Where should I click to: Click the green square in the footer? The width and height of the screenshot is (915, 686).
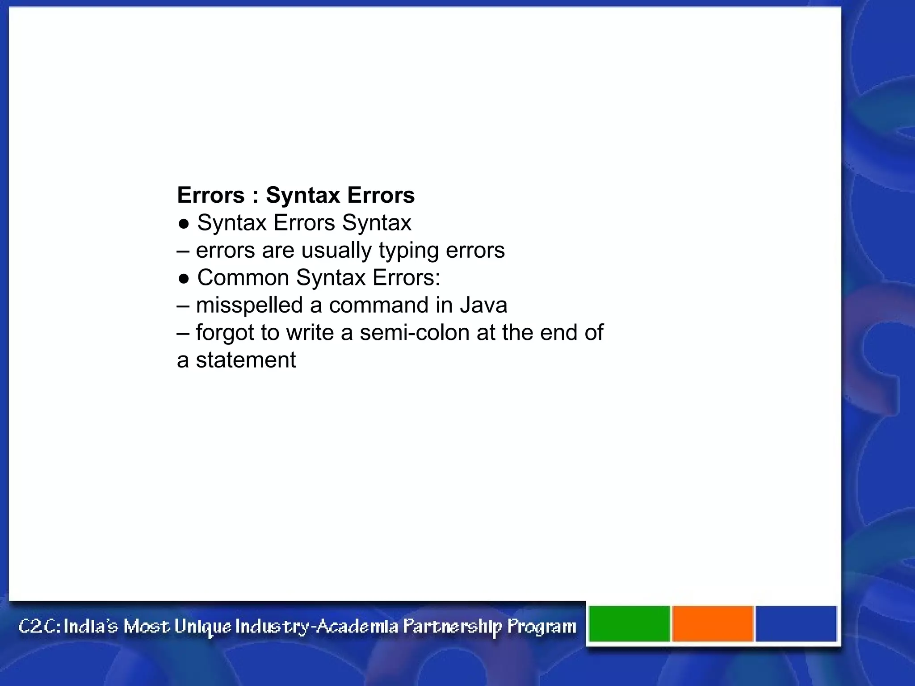pyautogui.click(x=629, y=623)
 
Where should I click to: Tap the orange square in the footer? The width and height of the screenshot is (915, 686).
pyautogui.click(x=713, y=623)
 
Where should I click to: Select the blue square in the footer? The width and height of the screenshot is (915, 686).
pyautogui.click(x=796, y=623)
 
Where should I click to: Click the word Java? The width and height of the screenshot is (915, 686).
pyautogui.click(x=483, y=305)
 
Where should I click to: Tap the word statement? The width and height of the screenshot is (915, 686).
pyautogui.click(x=246, y=360)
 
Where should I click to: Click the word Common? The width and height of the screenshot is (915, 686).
pyautogui.click(x=243, y=278)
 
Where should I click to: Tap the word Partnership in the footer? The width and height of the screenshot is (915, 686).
pyautogui.click(x=452, y=627)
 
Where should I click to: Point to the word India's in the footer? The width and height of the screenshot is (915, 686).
pyautogui.click(x=91, y=626)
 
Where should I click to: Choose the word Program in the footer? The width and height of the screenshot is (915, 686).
pyautogui.click(x=541, y=627)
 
